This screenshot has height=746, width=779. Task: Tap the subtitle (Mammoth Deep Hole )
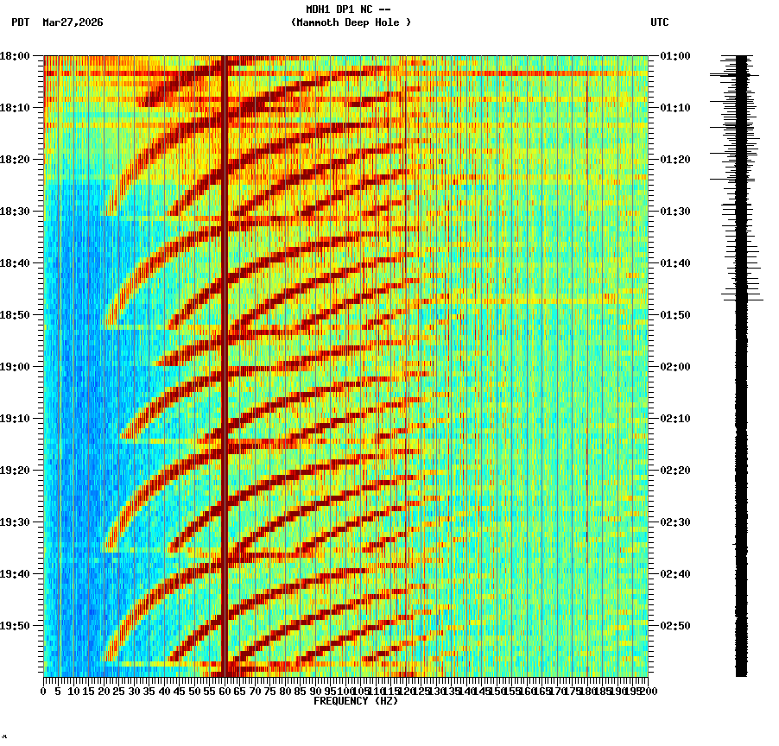click(351, 22)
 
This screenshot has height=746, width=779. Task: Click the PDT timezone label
click(20, 22)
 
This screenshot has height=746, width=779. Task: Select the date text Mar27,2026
click(73, 22)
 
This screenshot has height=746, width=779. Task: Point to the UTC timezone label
click(660, 22)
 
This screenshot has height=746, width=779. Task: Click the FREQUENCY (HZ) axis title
click(355, 701)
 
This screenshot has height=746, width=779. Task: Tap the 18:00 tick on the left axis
click(15, 56)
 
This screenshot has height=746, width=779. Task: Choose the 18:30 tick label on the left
click(15, 212)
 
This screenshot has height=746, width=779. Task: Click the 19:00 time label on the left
click(15, 367)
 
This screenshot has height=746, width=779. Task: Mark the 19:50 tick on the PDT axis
click(15, 626)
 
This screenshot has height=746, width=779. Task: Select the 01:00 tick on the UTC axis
click(674, 56)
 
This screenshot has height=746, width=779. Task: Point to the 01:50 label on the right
click(674, 315)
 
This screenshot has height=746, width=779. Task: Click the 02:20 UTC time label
click(674, 471)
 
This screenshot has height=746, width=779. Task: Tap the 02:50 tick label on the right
click(674, 626)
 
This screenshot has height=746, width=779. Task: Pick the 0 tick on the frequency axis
click(44, 691)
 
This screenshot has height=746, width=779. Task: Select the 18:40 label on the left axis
click(15, 263)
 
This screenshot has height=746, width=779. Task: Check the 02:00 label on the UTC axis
click(674, 367)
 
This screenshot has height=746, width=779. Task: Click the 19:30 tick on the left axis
click(15, 522)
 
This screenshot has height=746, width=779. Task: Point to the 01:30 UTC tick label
click(674, 212)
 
